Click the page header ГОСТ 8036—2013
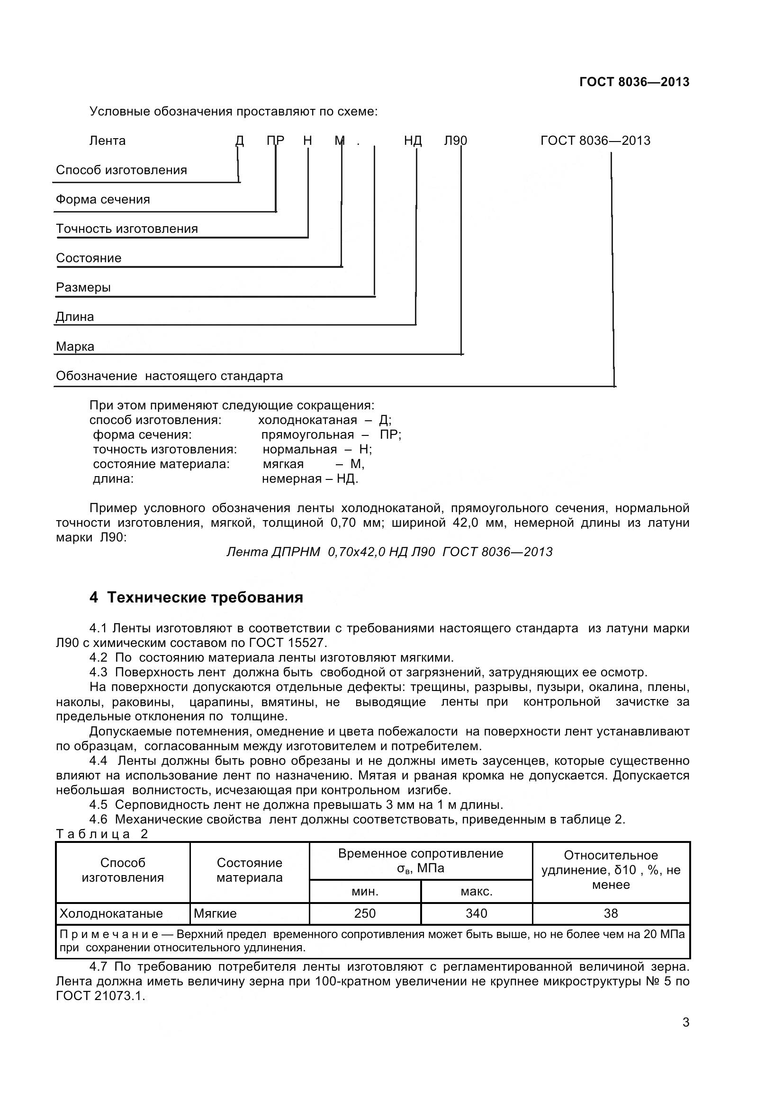(634, 82)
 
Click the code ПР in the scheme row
(276, 141)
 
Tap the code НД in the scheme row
(413, 141)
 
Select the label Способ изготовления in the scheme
(121, 170)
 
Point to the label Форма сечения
(103, 200)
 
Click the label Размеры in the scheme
(83, 288)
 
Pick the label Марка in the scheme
(75, 346)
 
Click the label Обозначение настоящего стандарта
(169, 376)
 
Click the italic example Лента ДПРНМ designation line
(389, 552)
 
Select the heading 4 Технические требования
(197, 598)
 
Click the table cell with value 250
(365, 913)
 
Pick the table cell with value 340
(476, 913)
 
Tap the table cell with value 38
(611, 913)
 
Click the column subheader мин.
(365, 892)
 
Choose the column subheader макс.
(476, 892)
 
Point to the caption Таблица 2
(102, 834)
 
